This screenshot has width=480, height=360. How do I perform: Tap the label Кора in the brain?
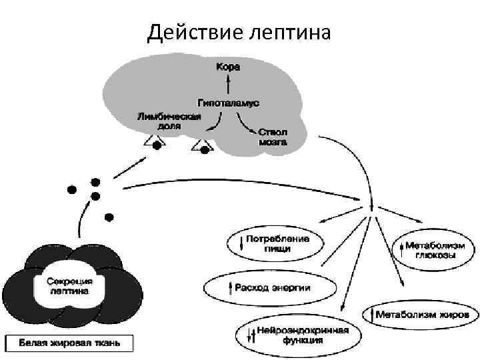tap(227, 67)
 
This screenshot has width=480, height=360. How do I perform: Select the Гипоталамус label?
tap(228, 103)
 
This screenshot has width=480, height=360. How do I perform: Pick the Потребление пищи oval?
tap(273, 243)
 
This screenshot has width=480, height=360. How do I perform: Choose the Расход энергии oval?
tap(267, 287)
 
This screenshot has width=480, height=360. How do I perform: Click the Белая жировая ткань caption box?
tap(69, 343)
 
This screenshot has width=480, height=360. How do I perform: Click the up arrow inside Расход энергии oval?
tap(230, 287)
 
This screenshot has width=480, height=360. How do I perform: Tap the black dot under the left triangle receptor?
tap(157, 145)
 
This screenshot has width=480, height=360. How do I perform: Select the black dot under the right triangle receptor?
tap(204, 151)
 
